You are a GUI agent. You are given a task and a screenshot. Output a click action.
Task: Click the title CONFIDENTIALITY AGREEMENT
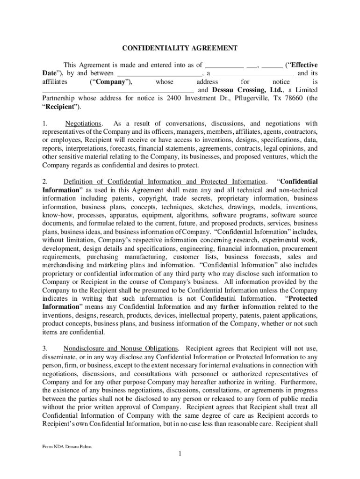click(x=180, y=48)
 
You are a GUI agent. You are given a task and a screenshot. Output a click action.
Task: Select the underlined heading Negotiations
click(x=83, y=123)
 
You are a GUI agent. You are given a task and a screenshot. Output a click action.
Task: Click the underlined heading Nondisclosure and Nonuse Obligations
click(x=121, y=348)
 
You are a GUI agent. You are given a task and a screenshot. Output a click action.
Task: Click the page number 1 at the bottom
click(x=180, y=454)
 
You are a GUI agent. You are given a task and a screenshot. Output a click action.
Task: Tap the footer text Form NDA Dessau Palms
click(x=65, y=446)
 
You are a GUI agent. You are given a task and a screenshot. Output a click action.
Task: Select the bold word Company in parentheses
click(x=111, y=82)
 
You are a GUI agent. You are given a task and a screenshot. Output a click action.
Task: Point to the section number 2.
click(x=45, y=181)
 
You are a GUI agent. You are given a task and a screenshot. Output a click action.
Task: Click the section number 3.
click(x=45, y=348)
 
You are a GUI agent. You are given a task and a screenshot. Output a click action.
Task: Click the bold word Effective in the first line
click(x=302, y=65)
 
